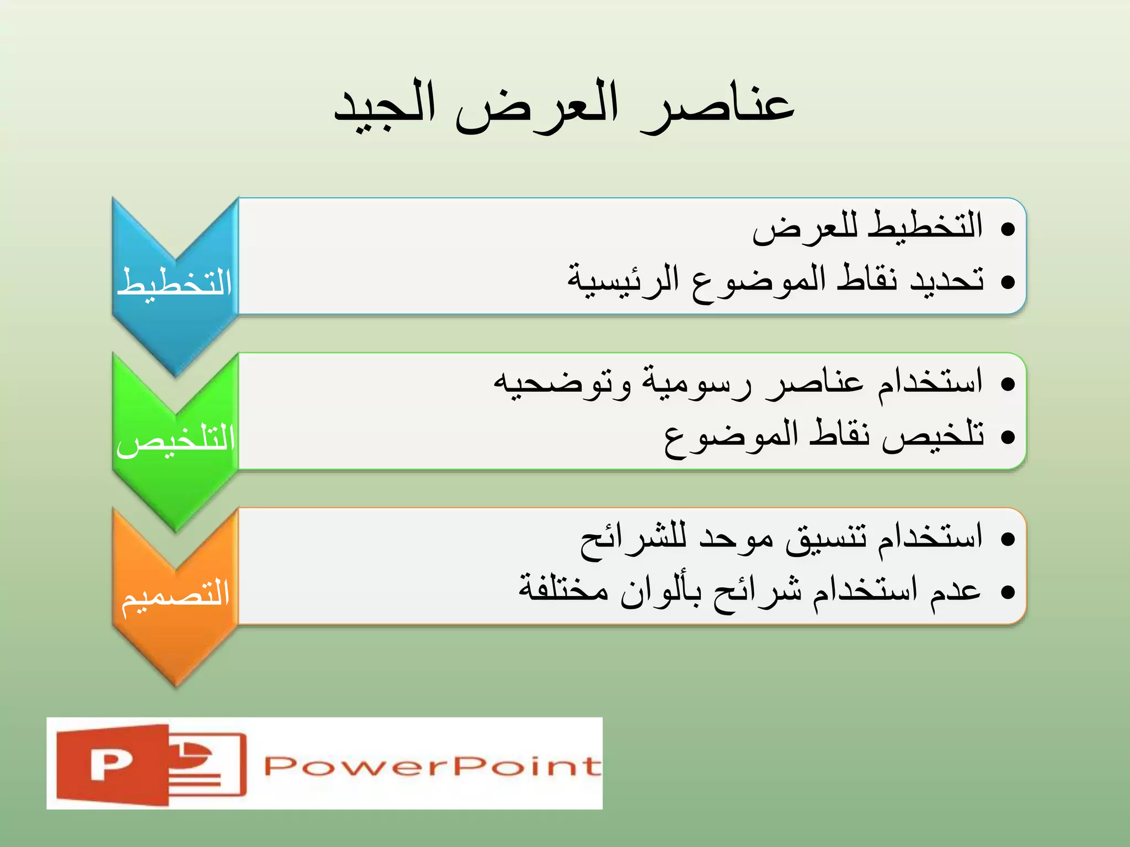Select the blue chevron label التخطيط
click(174, 283)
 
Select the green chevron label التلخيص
click(175, 439)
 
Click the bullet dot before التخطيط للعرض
click(1008, 228)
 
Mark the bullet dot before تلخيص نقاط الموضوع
click(1008, 437)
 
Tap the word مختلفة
click(563, 590)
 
